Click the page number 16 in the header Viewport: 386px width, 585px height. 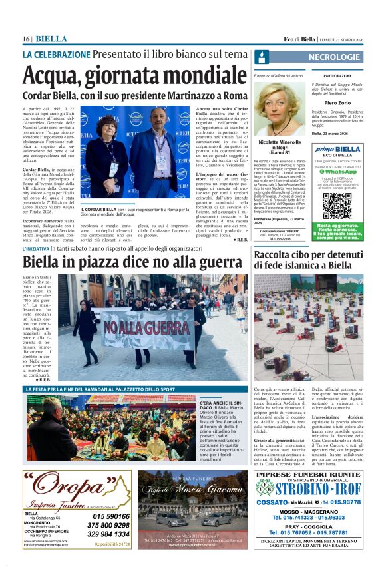(27, 39)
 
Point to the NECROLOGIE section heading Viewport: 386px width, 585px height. (335, 57)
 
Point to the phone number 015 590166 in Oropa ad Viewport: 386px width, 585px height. (111, 516)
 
